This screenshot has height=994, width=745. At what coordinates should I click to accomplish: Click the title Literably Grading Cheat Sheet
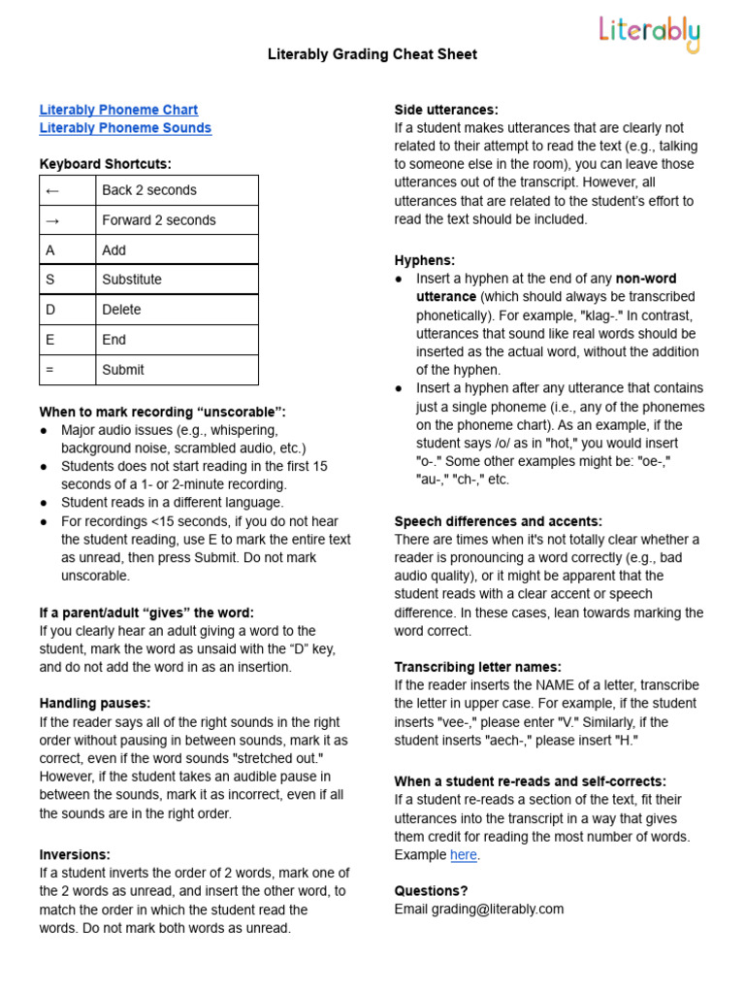pos(372,54)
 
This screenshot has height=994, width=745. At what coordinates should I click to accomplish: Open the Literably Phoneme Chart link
pos(118,110)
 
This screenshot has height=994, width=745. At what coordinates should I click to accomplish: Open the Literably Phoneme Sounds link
pos(125,128)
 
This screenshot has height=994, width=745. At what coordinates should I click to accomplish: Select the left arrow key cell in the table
pos(67,190)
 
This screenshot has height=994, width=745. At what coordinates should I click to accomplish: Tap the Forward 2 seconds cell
pos(177,220)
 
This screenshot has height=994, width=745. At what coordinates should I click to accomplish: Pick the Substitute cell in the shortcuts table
pos(177,280)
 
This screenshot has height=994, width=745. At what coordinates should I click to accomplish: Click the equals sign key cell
pos(67,370)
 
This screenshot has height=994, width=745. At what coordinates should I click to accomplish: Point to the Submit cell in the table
pos(177,370)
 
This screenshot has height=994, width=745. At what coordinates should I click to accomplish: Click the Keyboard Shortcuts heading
pos(105,164)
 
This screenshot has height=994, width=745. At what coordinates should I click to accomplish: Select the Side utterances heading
pos(446,110)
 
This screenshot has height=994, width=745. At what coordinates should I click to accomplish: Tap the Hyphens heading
pos(424,260)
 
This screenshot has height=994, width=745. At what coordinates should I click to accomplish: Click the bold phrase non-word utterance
pos(446,296)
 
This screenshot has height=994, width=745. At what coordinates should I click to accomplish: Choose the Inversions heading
pos(75,854)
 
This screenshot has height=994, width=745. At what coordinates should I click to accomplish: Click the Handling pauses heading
pos(95,703)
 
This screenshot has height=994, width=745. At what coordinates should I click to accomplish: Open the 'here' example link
pos(463,855)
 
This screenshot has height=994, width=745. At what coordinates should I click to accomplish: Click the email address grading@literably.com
pos(478,910)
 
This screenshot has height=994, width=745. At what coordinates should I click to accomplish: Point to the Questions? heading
pos(431,890)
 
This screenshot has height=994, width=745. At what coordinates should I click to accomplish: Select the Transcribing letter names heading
pos(477,667)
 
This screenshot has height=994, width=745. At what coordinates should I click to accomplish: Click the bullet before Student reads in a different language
pos(45,503)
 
